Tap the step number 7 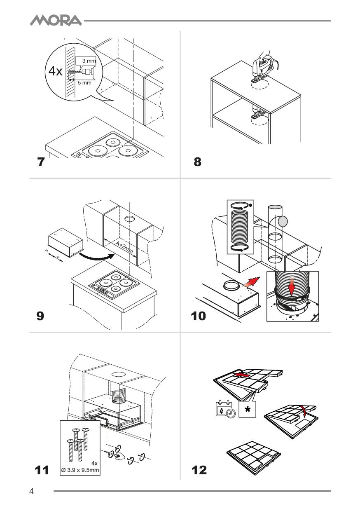pos(40,162)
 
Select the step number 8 pos(198,162)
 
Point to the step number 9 pos(40,316)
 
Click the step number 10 pos(200,316)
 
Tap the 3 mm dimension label pos(89,61)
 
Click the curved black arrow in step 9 pos(96,257)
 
